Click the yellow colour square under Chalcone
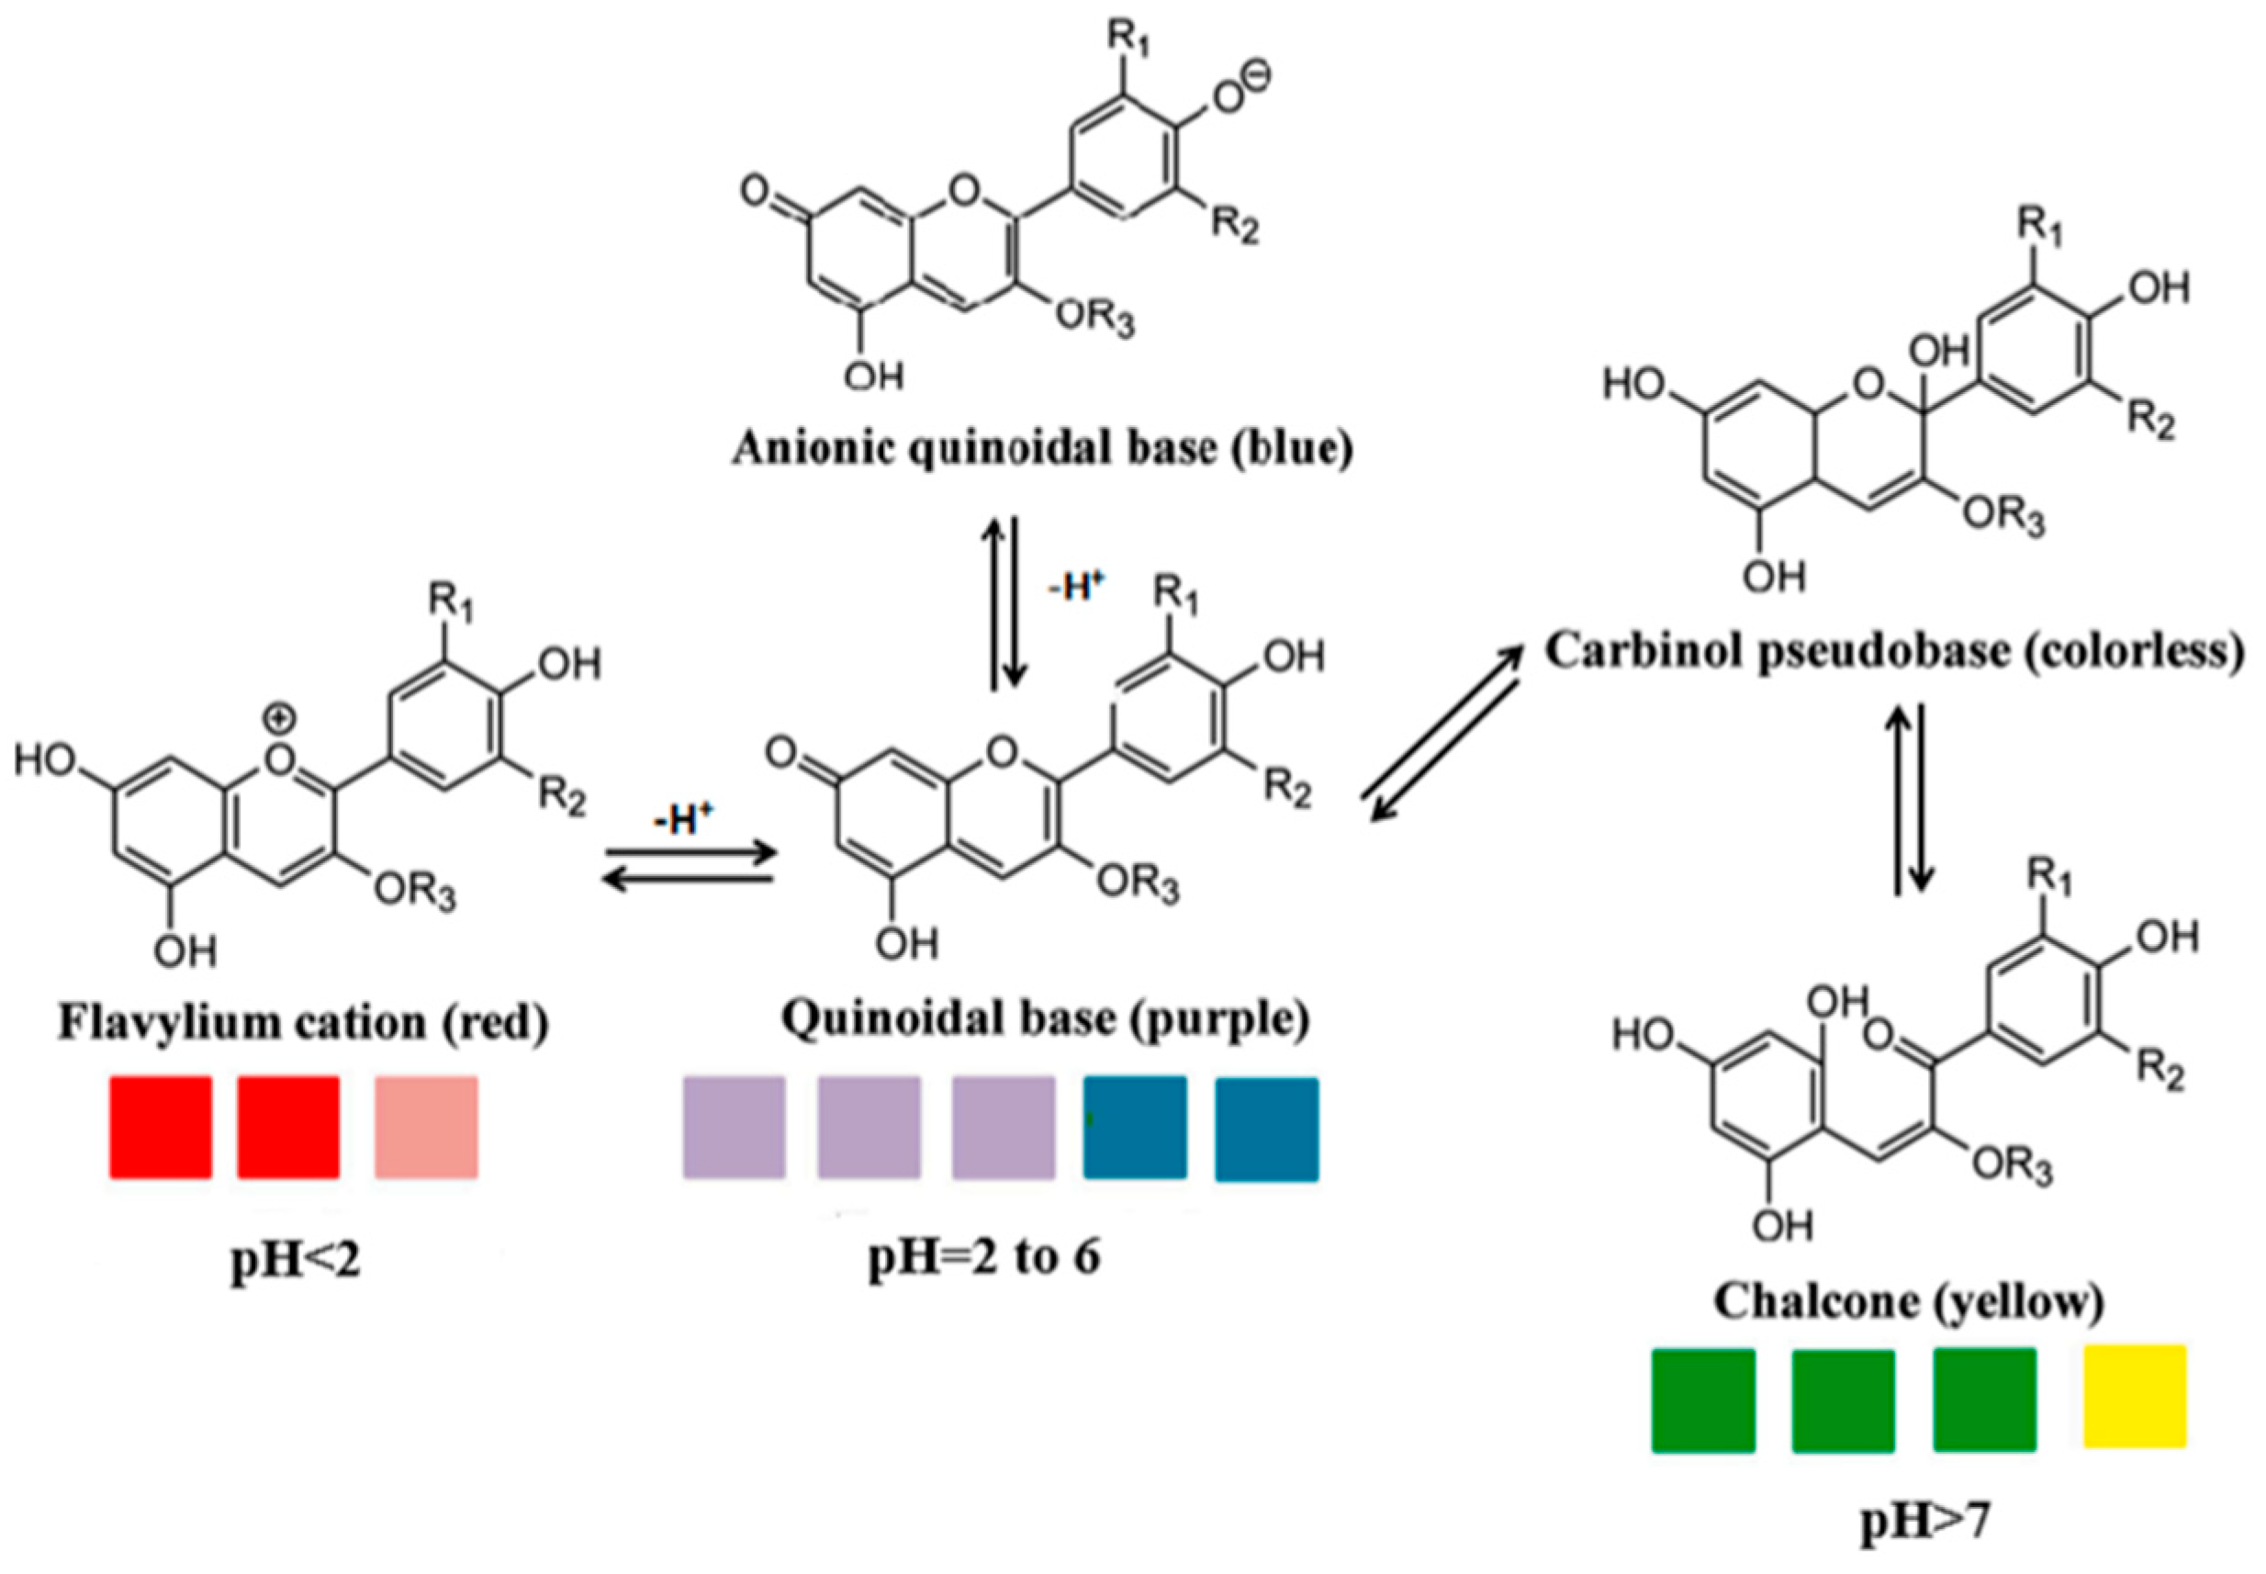coord(2134,1397)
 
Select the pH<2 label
coord(296,1259)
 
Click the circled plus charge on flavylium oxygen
coord(280,720)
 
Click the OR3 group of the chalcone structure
coord(2012,1165)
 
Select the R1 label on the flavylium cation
coord(451,601)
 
